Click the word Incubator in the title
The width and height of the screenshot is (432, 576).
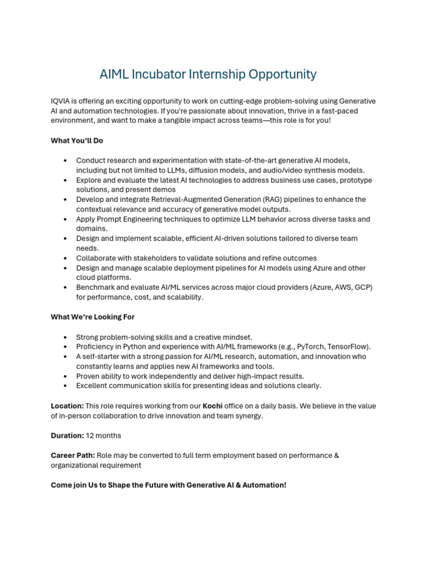pos(159,74)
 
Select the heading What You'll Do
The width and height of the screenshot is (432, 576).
pos(77,141)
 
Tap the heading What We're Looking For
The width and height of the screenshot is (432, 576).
pos(93,317)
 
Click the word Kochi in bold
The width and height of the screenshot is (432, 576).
pos(213,406)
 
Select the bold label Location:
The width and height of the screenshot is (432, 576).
pos(67,406)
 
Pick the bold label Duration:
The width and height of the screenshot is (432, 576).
pos(67,436)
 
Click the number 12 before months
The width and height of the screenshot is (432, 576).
pos(90,436)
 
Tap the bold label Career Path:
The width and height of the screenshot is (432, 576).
pos(73,456)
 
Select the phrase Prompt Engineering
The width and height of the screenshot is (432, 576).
pos(126,219)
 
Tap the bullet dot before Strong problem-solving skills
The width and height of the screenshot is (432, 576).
pos(66,337)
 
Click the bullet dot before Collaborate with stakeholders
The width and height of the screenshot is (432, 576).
pos(66,258)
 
